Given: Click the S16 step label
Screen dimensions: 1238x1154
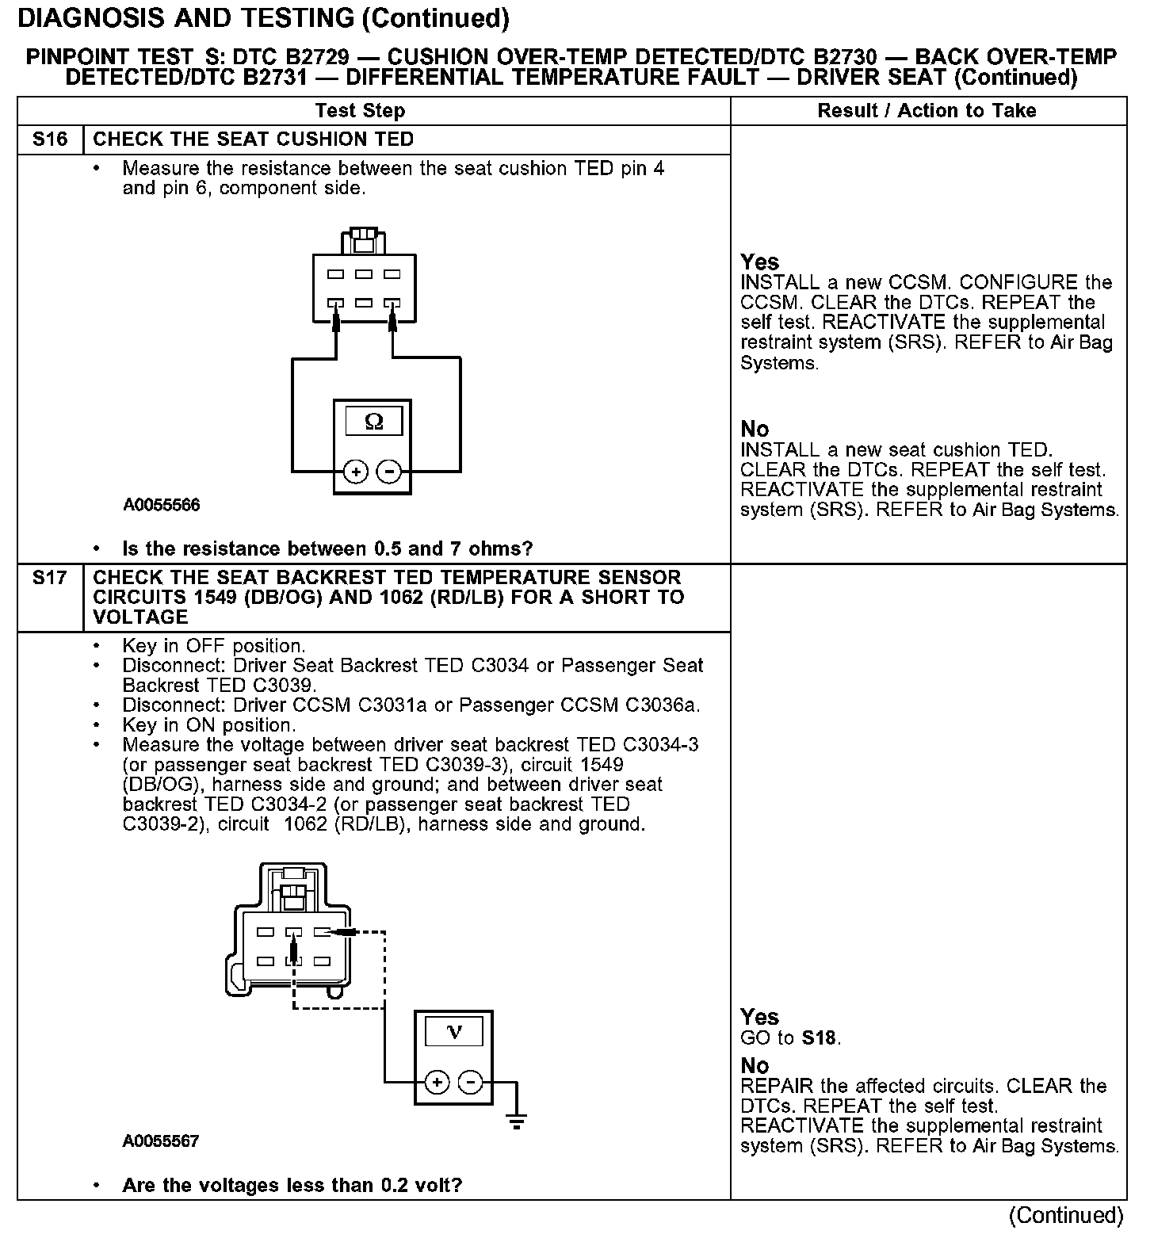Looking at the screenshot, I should pos(50,140).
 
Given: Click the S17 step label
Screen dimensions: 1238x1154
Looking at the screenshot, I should pos(50,579).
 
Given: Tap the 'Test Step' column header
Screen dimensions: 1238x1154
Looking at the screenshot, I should pos(360,111).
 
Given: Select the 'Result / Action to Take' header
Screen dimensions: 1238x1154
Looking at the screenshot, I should pos(927,111).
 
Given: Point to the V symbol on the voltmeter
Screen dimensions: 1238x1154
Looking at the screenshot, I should pos(454,1032).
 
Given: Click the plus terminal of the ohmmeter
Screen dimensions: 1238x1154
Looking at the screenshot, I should pos(356,472).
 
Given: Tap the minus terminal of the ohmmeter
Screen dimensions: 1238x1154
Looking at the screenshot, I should pos(388,472).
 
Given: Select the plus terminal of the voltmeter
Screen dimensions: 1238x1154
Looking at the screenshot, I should pos(438,1082).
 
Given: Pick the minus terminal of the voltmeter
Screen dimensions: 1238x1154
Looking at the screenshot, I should pos(471,1082).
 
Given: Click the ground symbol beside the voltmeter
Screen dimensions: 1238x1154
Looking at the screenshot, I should pos(517,1119).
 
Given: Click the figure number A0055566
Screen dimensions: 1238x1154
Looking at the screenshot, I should pos(161,506).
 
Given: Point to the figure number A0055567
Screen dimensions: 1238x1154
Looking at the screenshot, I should pos(161,1141).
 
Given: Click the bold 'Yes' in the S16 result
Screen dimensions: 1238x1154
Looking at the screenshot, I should pos(759,262).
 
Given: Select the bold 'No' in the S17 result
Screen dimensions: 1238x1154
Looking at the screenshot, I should pos(755,1066).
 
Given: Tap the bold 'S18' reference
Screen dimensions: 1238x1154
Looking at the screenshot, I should pos(820,1038).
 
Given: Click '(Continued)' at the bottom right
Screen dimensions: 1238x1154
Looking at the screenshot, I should pos(1066,1216).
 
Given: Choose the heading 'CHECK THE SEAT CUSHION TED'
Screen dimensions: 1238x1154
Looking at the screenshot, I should pos(254,140).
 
